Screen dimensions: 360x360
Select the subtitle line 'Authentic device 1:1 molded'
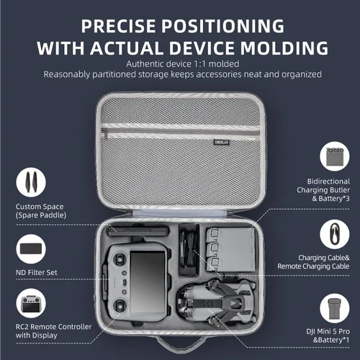[180, 64]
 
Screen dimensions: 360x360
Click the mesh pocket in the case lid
[180, 144]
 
